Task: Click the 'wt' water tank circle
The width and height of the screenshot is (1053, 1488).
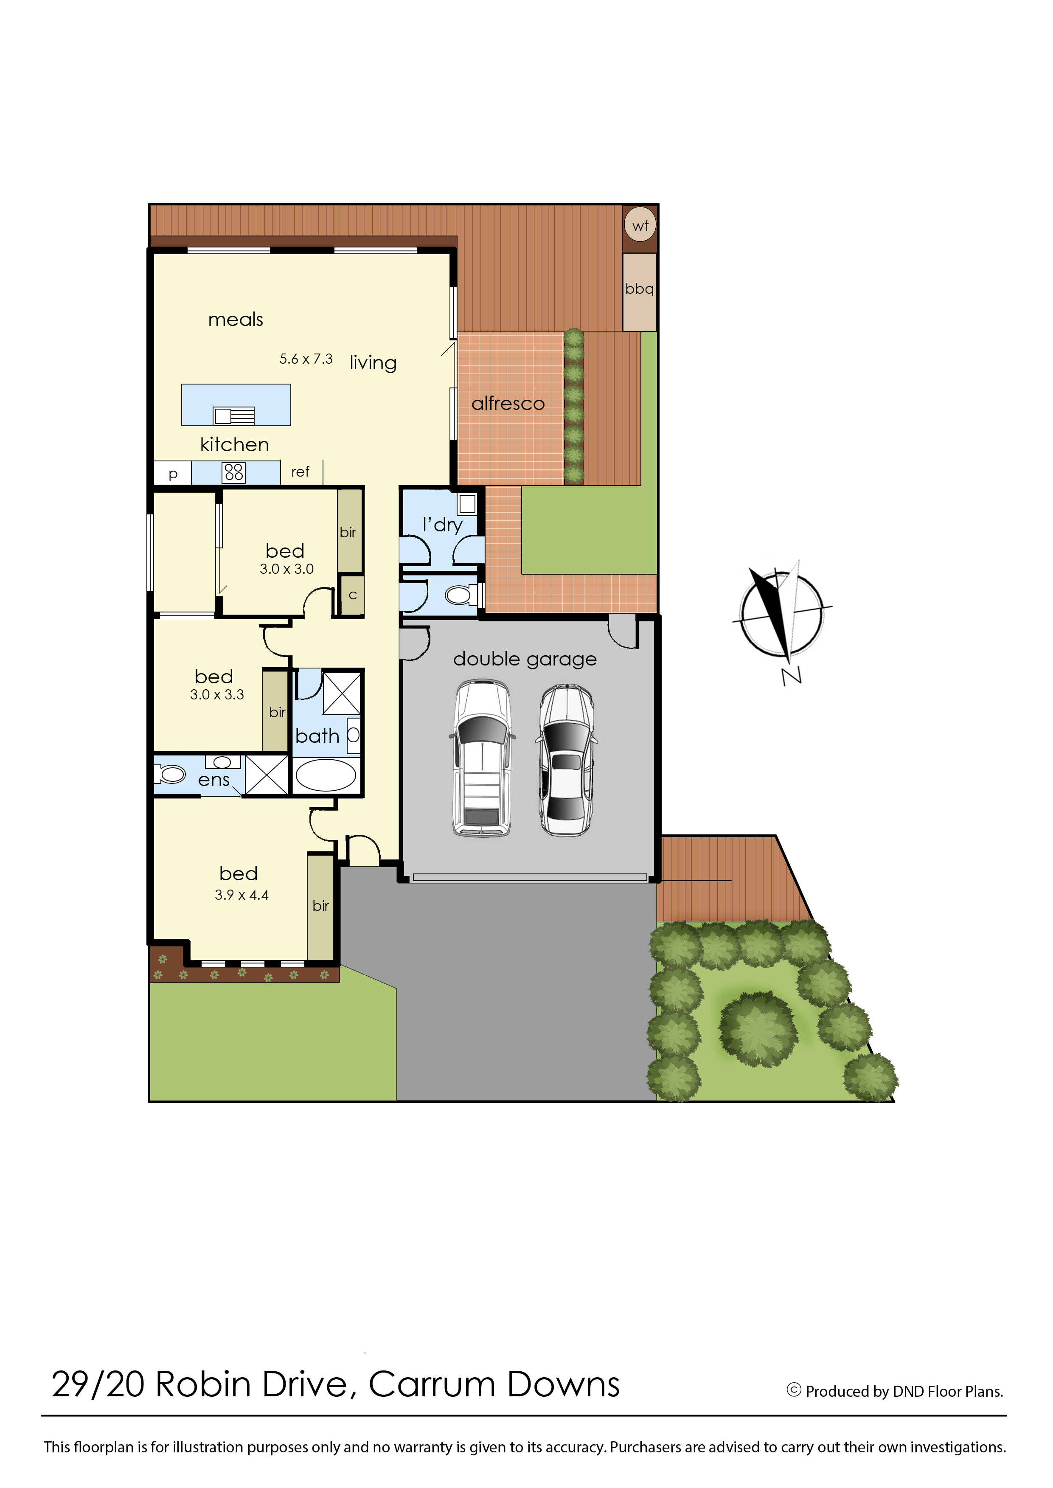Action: tap(640, 225)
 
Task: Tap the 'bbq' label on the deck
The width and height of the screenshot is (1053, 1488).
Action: tap(639, 289)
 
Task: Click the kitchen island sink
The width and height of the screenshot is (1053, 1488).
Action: tap(234, 415)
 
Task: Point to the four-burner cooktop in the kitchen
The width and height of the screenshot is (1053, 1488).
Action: tap(233, 472)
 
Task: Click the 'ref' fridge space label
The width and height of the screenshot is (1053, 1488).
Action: tap(300, 472)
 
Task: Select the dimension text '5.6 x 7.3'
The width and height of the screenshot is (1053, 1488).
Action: tap(306, 359)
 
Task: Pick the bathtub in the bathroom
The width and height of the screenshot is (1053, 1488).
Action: tap(326, 775)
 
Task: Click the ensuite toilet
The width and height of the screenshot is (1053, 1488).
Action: tap(170, 774)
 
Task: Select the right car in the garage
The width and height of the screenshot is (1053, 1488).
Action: tap(567, 760)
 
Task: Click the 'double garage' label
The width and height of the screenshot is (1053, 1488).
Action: tap(525, 660)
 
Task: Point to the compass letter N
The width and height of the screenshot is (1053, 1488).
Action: tap(792, 676)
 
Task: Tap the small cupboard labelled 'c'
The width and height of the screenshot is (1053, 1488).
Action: tap(353, 595)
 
